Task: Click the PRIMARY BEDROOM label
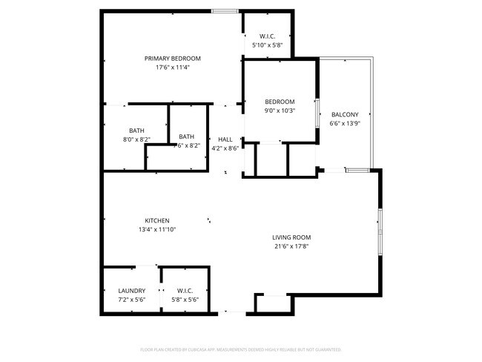[x=172, y=58]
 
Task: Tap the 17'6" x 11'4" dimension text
[x=172, y=68]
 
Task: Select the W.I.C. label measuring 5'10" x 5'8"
[x=268, y=36]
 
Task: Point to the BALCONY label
[x=345, y=114]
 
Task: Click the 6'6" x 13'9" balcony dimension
[x=345, y=123]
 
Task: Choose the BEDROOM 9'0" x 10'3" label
[x=280, y=102]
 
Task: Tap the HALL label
[x=225, y=139]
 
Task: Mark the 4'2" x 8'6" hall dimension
[x=225, y=148]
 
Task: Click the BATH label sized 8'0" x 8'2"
[x=136, y=130]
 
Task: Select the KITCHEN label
[x=157, y=220]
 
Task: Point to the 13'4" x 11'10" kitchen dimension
[x=157, y=229]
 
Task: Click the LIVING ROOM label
[x=291, y=237]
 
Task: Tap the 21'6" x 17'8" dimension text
[x=291, y=246]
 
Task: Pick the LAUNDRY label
[x=132, y=291]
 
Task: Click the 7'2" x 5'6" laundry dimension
[x=132, y=300]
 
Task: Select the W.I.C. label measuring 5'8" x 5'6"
[x=185, y=291]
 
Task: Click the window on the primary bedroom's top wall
[x=225, y=10]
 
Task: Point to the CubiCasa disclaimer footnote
[x=240, y=349]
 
